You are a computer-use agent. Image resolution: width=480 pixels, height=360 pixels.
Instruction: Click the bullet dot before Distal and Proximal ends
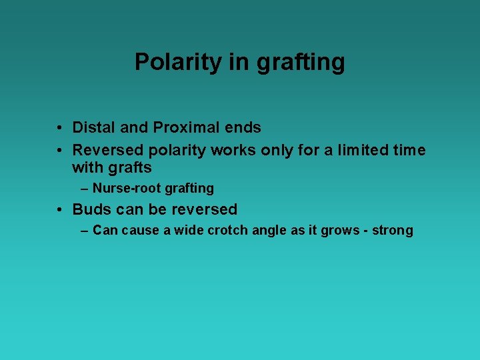60,127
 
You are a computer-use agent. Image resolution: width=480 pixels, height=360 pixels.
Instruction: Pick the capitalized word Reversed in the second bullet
108,151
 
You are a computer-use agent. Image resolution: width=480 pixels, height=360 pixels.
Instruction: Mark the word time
406,151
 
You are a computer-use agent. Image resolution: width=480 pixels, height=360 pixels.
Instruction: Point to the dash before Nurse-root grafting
84,189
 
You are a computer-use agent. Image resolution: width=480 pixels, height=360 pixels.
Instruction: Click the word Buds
92,209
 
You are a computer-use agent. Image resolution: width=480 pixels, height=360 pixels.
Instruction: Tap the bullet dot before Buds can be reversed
60,209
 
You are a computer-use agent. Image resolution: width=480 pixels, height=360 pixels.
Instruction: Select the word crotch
222,231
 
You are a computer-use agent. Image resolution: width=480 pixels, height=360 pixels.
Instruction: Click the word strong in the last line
393,231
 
